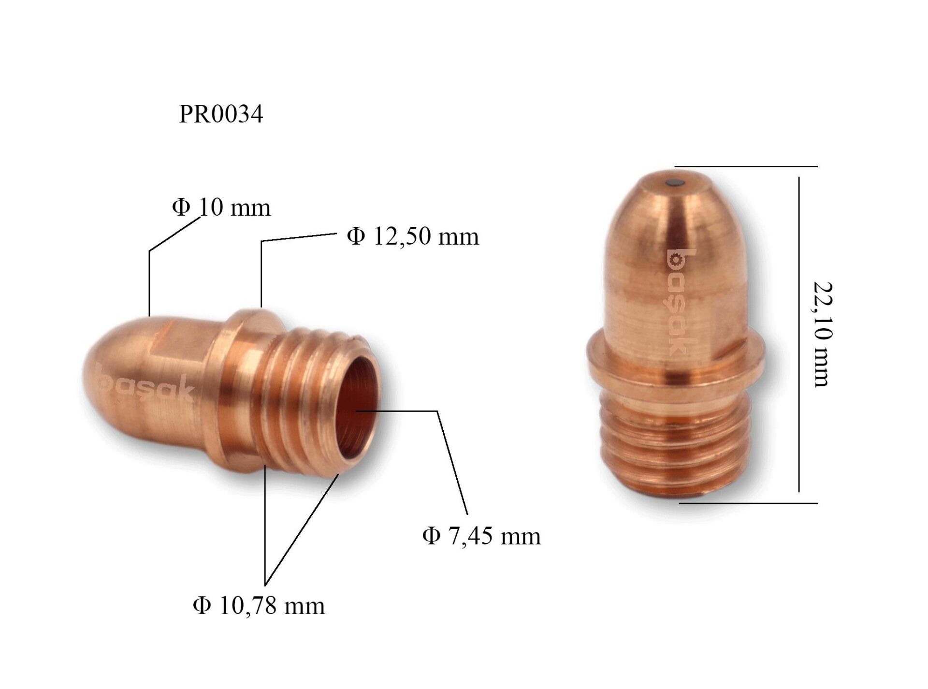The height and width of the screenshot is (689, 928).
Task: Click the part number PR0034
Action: pos(221,115)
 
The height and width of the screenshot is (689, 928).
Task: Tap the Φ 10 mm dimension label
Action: pos(221,207)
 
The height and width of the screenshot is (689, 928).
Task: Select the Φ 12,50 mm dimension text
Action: pos(413,236)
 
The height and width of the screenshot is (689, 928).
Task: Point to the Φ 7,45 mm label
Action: pos(481,536)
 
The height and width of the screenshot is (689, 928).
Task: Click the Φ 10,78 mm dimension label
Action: pos(259,605)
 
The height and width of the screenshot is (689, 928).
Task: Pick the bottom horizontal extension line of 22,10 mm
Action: pos(749,503)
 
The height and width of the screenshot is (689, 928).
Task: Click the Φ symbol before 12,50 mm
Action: pos(356,236)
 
